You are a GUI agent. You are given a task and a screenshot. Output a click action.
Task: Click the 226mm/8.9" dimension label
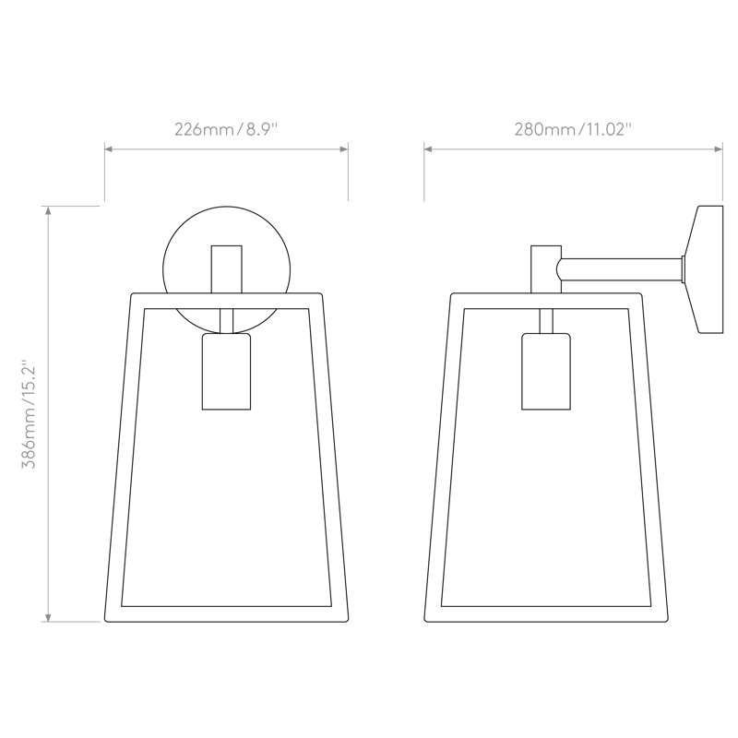(226, 129)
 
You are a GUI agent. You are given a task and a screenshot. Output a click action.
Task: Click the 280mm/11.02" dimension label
(572, 129)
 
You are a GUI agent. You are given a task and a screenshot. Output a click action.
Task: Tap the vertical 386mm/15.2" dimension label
(30, 414)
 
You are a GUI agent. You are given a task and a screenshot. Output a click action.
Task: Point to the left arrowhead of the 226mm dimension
(108, 149)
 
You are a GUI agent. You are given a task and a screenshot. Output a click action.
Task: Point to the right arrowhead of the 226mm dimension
(344, 149)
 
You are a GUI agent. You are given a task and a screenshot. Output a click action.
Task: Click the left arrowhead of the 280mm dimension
(428, 149)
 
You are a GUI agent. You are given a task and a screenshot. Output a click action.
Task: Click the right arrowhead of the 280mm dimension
(719, 149)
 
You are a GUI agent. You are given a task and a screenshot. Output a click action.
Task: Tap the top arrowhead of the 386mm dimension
(48, 210)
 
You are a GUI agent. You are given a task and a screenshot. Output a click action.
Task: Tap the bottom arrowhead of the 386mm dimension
(48, 617)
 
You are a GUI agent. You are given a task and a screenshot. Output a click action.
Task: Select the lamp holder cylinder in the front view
(226, 372)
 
